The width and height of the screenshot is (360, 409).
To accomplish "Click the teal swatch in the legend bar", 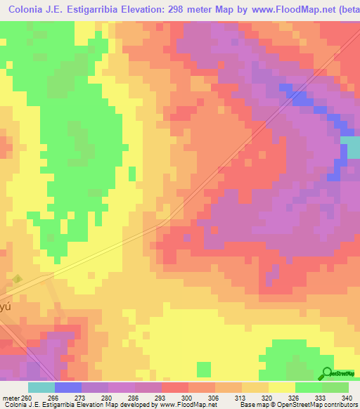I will click(x=41, y=387).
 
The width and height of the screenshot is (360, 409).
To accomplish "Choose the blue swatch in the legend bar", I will click(x=68, y=387).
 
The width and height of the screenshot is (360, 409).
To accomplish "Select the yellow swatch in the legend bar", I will click(x=281, y=387).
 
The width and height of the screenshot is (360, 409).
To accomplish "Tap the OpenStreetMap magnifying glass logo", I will click(x=327, y=373).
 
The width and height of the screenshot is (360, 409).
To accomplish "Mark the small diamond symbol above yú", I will click(x=18, y=279).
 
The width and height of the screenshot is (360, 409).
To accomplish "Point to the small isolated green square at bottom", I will click(x=204, y=368).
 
